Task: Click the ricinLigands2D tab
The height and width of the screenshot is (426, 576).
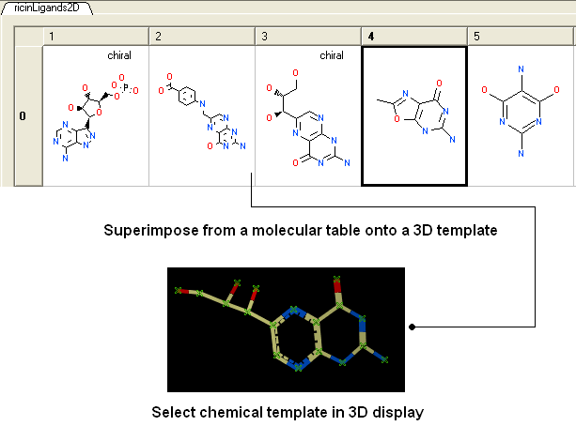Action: (47, 8)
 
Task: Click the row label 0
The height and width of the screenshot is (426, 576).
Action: (23, 116)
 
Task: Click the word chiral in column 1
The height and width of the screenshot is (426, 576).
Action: (119, 55)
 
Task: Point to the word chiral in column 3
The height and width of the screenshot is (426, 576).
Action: (332, 55)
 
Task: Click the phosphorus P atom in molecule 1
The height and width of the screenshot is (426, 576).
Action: (126, 87)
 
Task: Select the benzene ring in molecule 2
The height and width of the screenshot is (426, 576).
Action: (187, 96)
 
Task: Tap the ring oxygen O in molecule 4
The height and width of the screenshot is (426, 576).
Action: (397, 118)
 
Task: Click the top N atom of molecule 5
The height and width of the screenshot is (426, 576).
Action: (521, 69)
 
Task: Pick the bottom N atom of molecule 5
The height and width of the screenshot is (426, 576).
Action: (521, 153)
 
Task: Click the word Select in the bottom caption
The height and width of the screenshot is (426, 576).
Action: (173, 412)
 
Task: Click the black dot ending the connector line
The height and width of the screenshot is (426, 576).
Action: (413, 327)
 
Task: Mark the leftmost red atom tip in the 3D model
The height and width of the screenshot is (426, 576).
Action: (179, 291)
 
